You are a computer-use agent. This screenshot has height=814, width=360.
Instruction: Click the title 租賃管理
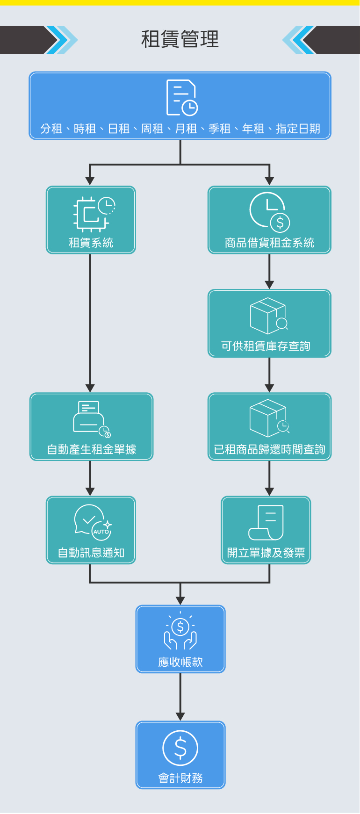[x=180, y=39]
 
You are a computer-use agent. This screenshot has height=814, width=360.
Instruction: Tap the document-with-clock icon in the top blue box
[x=182, y=98]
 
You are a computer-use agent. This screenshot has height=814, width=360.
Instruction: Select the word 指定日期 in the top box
[x=298, y=129]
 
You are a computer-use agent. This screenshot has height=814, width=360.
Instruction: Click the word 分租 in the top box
[x=51, y=129]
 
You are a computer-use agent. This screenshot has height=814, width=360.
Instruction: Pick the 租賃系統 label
[x=91, y=243]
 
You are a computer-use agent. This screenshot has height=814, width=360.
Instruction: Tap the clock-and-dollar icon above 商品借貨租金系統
[x=270, y=212]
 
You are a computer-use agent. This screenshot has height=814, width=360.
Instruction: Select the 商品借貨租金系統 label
[x=269, y=243]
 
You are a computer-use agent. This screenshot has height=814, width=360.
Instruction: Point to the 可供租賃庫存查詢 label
[x=266, y=346]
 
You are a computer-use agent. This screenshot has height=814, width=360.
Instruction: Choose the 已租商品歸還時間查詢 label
[x=269, y=449]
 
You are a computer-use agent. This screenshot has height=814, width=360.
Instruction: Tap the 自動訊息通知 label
[x=91, y=553]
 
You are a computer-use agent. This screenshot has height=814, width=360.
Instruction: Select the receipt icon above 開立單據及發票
[x=266, y=522]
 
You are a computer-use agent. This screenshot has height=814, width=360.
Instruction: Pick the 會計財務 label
[x=180, y=778]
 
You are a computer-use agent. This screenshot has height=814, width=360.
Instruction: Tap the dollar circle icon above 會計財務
[x=180, y=748]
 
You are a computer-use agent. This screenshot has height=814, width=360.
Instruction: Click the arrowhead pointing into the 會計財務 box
[x=180, y=716]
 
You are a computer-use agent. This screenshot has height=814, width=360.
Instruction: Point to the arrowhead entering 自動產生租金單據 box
[x=90, y=388]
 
